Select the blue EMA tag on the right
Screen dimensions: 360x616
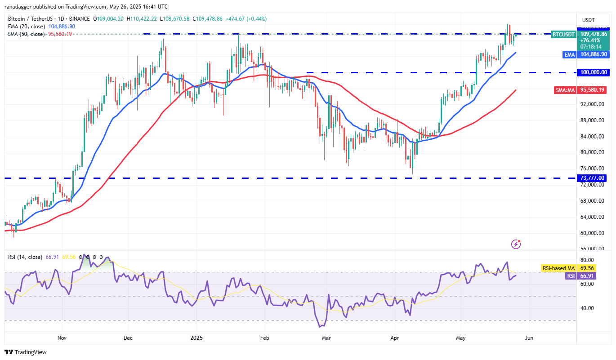click(x=570, y=54)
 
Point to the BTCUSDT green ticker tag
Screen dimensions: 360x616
click(x=563, y=34)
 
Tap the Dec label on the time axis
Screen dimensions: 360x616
click(x=128, y=338)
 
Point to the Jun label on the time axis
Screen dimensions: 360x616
click(x=529, y=338)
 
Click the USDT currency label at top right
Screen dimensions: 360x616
click(x=588, y=20)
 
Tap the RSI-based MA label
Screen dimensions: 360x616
click(x=558, y=268)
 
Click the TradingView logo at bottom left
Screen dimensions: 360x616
click(x=26, y=352)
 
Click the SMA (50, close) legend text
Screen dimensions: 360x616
click(x=26, y=34)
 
